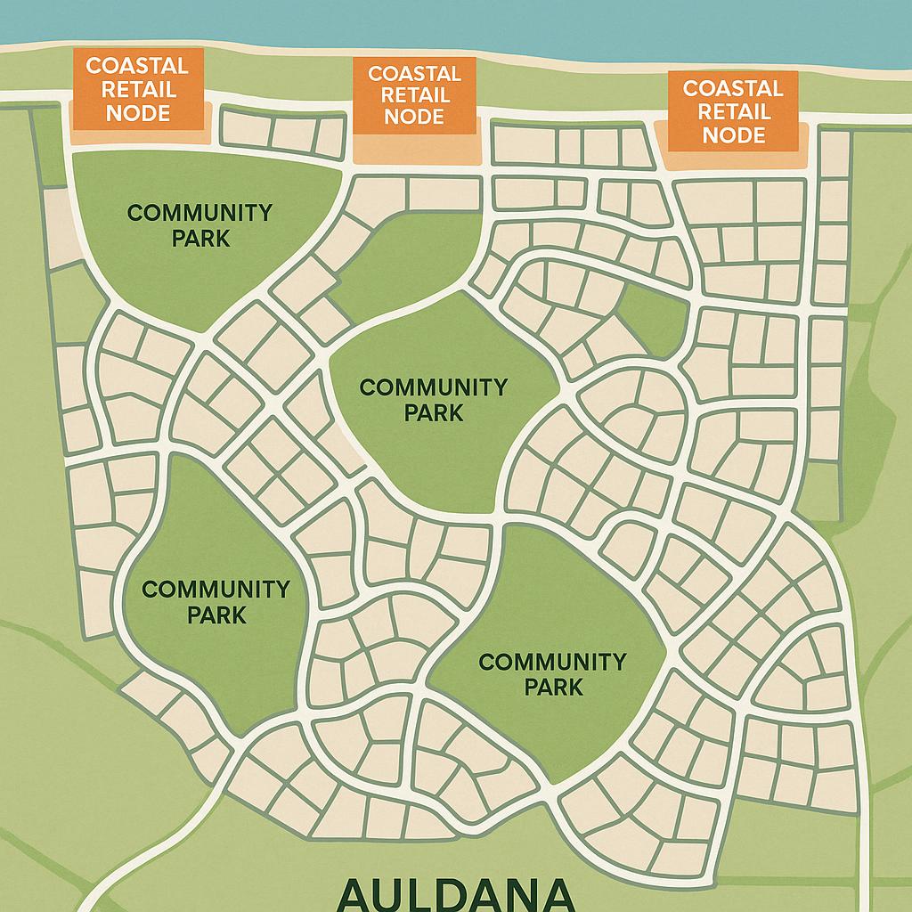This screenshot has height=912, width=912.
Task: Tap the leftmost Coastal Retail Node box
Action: (137, 90)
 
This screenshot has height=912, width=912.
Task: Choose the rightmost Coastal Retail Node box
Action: (732, 111)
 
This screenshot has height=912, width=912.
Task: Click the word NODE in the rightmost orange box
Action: (732, 134)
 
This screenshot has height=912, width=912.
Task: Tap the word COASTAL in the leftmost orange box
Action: (137, 67)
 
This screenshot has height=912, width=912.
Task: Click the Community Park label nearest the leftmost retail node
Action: (199, 225)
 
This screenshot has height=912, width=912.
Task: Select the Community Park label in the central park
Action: (433, 400)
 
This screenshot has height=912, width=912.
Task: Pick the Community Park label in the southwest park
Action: (216, 602)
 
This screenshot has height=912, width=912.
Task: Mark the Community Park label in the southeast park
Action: (552, 674)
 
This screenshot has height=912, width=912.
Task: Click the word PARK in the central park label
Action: (433, 413)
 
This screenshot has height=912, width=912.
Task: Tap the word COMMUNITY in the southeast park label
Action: (552, 662)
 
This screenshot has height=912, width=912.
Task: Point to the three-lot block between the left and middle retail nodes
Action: (281, 134)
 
